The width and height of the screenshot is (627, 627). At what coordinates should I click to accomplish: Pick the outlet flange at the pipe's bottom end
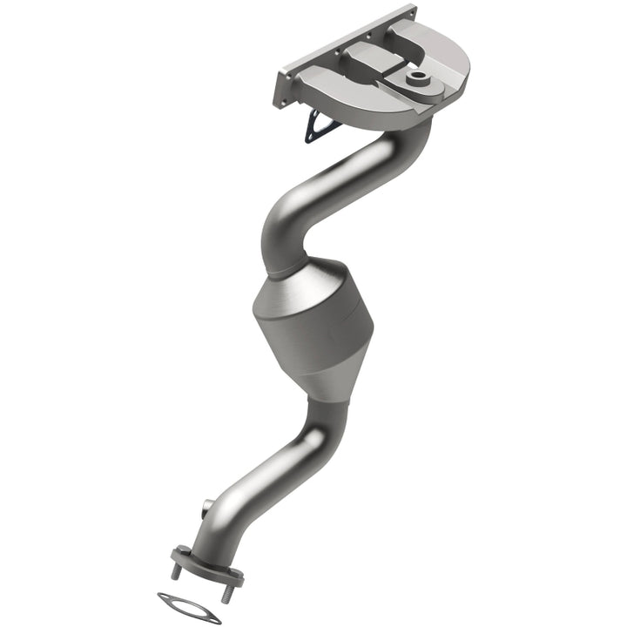(x=206, y=563)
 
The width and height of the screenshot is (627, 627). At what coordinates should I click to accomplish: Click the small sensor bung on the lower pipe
(x=206, y=508)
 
